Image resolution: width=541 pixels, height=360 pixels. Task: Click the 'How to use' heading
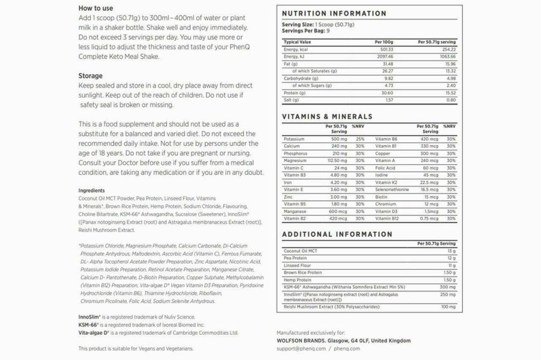[96, 8]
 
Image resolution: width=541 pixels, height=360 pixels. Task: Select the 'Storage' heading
[90, 76]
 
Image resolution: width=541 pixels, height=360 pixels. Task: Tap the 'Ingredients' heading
[91, 191]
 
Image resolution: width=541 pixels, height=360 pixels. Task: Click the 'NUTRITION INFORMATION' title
[334, 14]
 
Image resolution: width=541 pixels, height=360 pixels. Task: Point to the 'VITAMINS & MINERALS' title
[327, 117]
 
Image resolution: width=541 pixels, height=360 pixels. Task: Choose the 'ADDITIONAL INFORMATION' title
[337, 234]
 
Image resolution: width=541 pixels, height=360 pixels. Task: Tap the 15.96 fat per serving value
[450, 64]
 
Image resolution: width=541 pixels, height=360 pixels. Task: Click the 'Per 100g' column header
[384, 42]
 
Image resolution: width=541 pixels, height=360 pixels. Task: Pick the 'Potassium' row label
[294, 139]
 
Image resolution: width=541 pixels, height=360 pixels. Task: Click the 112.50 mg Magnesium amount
[336, 160]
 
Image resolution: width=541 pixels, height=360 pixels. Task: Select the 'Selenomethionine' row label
[392, 190]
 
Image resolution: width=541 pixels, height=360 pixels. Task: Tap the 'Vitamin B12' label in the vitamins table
[387, 219]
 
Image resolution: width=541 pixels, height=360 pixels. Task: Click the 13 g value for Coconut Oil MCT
[451, 251]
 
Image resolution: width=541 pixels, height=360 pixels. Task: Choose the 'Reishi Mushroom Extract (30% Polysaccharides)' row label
[331, 307]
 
